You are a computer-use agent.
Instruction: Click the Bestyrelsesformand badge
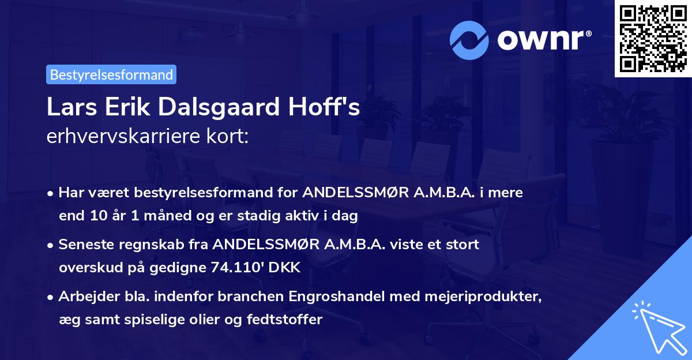pos(111,74)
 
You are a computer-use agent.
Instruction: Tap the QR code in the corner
pos(653,39)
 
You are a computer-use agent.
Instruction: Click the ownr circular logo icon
pos(469,40)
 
